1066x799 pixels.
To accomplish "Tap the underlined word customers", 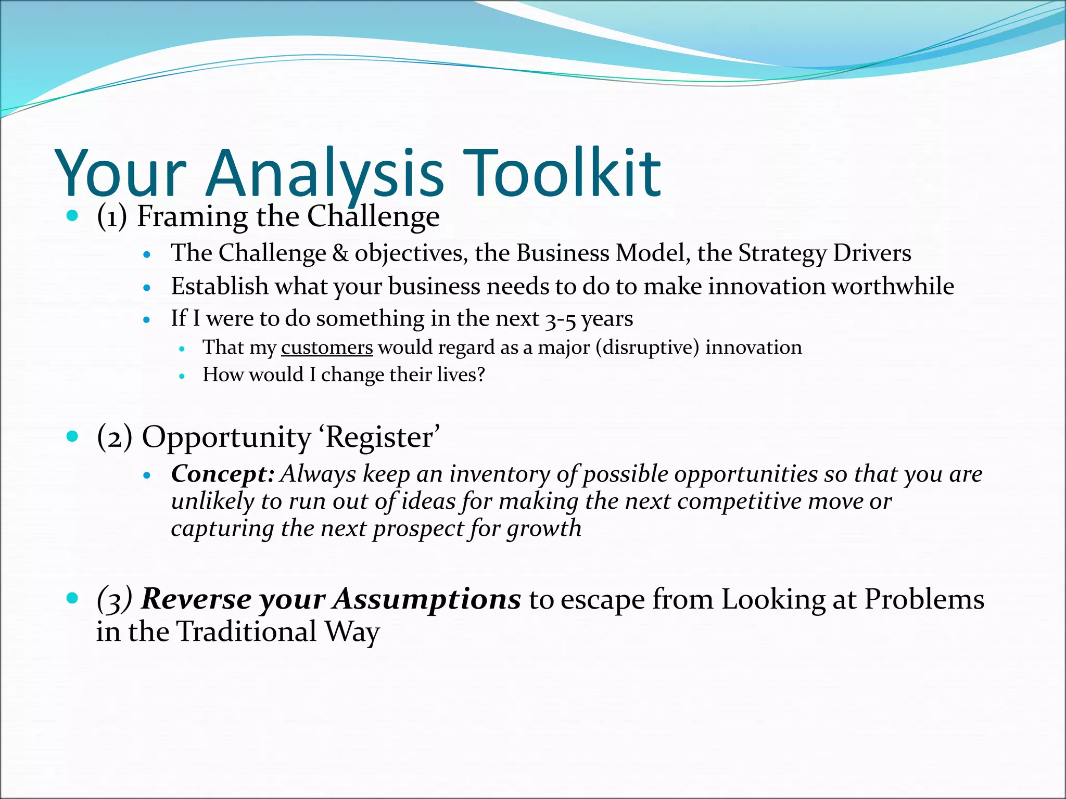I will (327, 347).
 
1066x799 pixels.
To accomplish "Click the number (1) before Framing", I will (112, 216).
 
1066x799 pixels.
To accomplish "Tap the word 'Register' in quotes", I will (383, 437).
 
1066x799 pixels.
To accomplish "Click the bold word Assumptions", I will (427, 599).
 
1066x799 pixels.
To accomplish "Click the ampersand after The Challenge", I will (340, 253).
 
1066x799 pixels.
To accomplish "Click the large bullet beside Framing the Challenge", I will (72, 215).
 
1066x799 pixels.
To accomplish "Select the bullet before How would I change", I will (182, 376).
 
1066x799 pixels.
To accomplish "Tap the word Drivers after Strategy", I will (872, 253).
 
